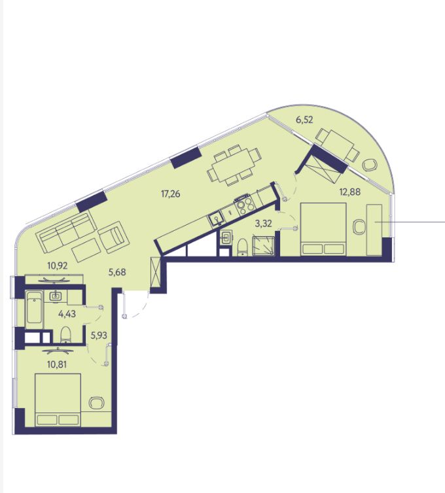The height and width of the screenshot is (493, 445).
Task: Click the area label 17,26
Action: coord(171,194)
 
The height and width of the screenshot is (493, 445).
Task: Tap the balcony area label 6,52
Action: coord(305,120)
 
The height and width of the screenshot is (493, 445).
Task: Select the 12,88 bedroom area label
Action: coord(350,192)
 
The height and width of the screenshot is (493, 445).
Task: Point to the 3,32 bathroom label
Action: coord(263,224)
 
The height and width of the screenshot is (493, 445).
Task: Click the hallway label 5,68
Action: coord(117,272)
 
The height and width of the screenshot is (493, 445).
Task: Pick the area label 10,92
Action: coord(58,265)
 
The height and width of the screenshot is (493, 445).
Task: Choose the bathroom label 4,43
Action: coord(67,314)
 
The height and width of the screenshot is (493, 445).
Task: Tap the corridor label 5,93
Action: coord(99,336)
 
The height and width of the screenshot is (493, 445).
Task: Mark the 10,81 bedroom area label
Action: coord(57,365)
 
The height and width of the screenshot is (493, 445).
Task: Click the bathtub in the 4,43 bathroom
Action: coord(34,307)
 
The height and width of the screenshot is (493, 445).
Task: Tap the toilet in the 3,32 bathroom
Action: coord(243,247)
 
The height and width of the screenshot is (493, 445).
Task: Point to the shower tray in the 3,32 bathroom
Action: coord(264,246)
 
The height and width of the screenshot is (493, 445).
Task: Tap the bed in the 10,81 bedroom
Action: coord(58,400)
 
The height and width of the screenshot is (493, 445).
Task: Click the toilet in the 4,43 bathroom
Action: coord(65,334)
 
